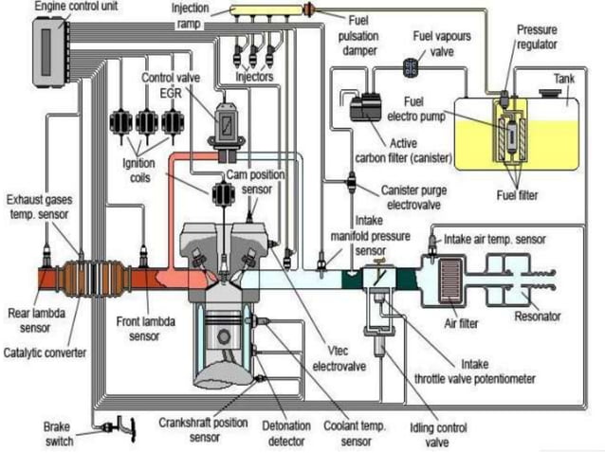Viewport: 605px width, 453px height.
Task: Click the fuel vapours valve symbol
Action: pos(411,66)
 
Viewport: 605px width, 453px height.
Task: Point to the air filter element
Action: pos(453,281)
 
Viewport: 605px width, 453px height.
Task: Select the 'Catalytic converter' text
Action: pos(45,353)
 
